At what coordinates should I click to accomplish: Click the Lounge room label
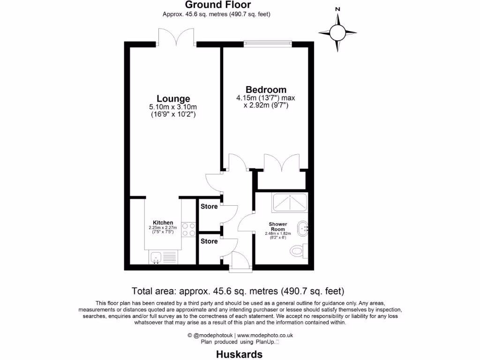(x=173, y=98)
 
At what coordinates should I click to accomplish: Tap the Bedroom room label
(x=266, y=90)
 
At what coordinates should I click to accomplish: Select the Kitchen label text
(x=163, y=223)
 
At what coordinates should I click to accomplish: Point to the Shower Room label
(x=278, y=226)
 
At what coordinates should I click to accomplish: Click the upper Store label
(x=209, y=206)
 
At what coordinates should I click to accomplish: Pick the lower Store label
(x=209, y=241)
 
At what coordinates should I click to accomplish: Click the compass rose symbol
(x=337, y=32)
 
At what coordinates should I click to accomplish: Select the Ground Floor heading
(x=218, y=5)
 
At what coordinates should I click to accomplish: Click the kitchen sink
(x=157, y=257)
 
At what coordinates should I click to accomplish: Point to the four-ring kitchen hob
(x=188, y=229)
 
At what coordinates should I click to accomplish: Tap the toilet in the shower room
(x=298, y=251)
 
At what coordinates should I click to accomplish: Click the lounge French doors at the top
(x=176, y=37)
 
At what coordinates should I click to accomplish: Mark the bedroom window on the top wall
(x=268, y=44)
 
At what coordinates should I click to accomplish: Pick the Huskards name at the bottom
(x=239, y=354)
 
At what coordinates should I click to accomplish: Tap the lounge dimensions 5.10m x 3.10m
(x=173, y=107)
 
